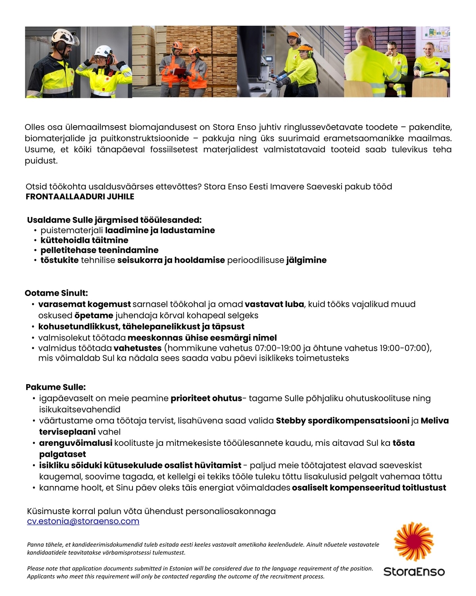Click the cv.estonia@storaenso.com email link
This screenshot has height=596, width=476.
[83, 521]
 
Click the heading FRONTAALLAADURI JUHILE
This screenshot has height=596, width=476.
[80, 197]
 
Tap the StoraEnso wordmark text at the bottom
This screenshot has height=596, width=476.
[414, 572]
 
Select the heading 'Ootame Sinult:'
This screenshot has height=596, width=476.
[56, 293]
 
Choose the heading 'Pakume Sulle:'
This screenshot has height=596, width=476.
[56, 387]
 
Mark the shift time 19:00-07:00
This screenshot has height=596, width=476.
[404, 348]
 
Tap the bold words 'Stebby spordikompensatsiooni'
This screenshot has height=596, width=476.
[342, 421]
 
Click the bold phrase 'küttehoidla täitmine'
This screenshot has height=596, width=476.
[84, 240]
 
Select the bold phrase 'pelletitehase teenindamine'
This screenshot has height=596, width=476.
[99, 250]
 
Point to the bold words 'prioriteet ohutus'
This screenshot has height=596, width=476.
[206, 399]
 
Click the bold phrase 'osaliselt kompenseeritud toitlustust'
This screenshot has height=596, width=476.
[369, 488]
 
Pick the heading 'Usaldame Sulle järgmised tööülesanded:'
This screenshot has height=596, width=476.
[114, 220]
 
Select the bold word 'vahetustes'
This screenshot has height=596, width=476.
[137, 348]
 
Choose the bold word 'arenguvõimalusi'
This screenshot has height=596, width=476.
[75, 443]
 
